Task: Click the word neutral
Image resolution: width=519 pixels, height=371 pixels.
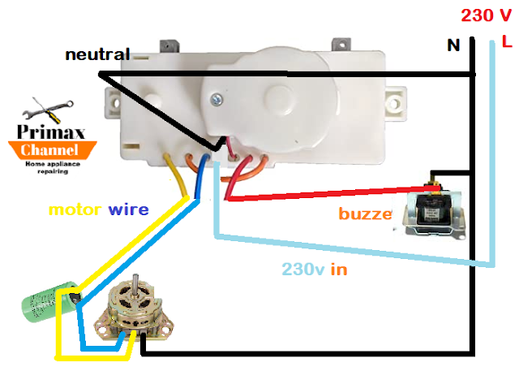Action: [x=97, y=55]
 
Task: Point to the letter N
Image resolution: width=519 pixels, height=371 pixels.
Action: [x=454, y=45]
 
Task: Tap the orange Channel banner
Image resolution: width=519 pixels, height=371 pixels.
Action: [x=50, y=150]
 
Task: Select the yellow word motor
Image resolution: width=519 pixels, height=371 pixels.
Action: [x=76, y=209]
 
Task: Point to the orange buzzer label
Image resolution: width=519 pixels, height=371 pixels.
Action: [x=365, y=214]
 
